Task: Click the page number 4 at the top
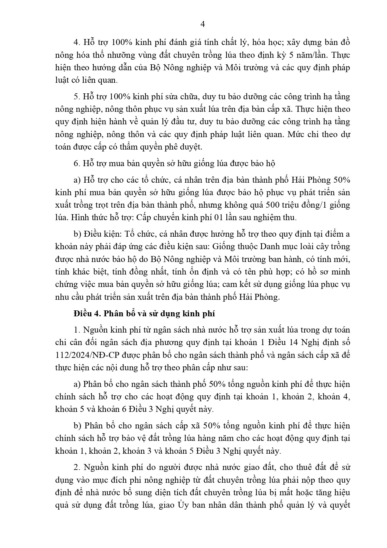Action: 193,24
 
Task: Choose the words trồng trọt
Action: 88,205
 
